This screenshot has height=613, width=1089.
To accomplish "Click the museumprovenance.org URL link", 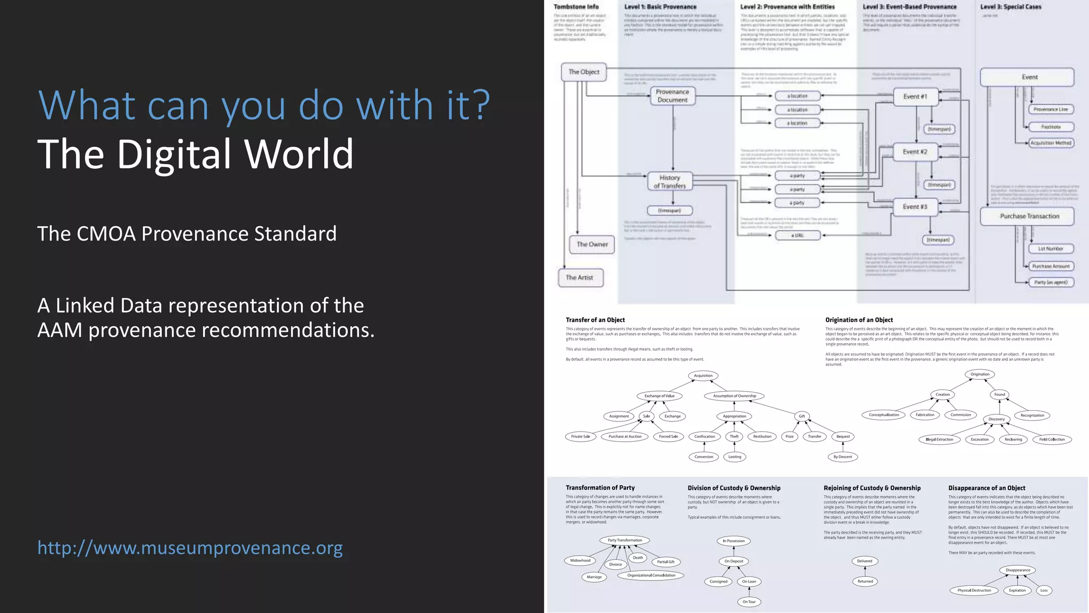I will [x=190, y=548].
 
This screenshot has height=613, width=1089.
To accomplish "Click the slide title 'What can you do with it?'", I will [x=264, y=105].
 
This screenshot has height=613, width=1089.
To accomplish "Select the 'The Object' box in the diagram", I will [x=584, y=72].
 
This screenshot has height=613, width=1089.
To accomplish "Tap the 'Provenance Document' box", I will [x=673, y=96].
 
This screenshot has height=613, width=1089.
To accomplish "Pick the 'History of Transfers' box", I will [x=669, y=181].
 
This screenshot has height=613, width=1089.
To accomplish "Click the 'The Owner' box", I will [x=592, y=244].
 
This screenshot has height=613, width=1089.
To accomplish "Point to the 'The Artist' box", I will [x=580, y=277].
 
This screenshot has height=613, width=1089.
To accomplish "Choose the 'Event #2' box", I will [x=915, y=152].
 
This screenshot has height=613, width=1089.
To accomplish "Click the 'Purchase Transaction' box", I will [x=1029, y=216].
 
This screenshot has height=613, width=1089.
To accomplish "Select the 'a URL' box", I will [x=797, y=235].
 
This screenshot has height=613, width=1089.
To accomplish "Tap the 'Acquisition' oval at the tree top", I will [x=703, y=376].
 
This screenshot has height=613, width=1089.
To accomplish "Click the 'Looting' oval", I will [x=735, y=457].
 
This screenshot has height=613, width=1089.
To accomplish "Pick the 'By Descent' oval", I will [x=842, y=457].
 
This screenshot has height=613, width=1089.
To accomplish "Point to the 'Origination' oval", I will [x=979, y=374].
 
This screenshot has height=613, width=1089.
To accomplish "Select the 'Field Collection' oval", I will [x=1052, y=440].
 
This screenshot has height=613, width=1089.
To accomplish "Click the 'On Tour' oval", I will [x=749, y=602].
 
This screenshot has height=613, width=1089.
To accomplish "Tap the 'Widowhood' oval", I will [x=580, y=560].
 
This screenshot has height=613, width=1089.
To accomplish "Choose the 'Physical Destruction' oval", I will [x=974, y=590].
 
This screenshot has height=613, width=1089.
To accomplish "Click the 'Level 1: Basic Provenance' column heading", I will [x=660, y=7].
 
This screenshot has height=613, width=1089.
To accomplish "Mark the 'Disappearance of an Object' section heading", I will [x=986, y=488].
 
